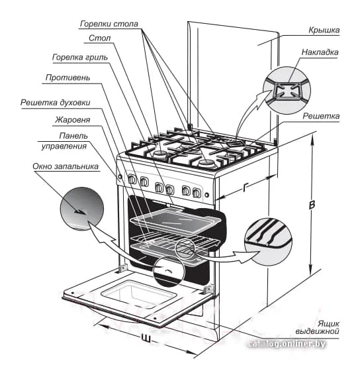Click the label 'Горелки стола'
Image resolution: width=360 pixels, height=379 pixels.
(109, 24)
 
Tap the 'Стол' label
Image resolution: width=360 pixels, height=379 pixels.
(100, 38)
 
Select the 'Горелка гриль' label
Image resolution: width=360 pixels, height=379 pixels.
(80, 57)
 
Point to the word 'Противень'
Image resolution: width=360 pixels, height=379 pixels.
(68, 78)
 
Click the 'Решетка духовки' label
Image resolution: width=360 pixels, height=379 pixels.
(56, 103)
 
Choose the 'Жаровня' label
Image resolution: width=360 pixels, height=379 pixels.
(72, 120)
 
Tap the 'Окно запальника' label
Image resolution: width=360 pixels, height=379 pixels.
(66, 166)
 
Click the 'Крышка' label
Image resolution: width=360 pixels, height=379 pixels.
(324, 30)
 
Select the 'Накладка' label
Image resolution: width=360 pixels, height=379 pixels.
(320, 52)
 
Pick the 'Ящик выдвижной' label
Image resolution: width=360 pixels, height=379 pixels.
(318, 327)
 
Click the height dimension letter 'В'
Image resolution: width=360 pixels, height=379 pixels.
(312, 205)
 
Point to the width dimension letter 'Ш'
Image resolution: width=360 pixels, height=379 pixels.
(146, 339)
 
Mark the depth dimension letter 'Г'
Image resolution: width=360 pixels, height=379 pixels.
(246, 188)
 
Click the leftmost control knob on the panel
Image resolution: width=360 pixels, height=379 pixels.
(132, 179)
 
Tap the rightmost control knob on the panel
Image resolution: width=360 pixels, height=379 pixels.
(197, 193)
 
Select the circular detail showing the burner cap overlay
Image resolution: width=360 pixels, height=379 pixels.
(287, 90)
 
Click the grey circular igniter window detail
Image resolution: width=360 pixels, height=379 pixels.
(82, 209)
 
